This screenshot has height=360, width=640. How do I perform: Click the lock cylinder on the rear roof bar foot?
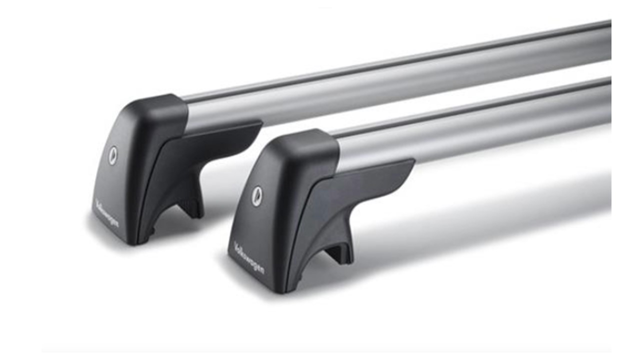113,155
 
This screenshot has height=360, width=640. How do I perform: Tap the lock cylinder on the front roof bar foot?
257,195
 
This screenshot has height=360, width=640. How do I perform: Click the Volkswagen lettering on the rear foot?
106,214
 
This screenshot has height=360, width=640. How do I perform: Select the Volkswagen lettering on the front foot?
249,258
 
